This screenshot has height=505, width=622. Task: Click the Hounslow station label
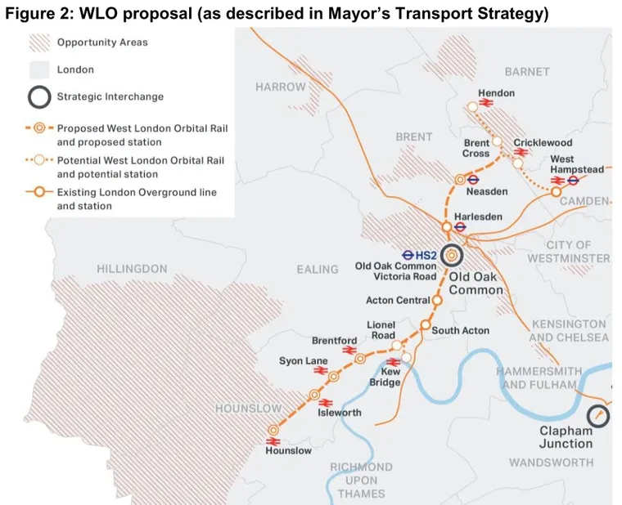(288, 450)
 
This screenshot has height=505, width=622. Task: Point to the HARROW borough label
(280, 87)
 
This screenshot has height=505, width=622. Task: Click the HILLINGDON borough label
(132, 269)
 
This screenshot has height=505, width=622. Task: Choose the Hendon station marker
(472, 106)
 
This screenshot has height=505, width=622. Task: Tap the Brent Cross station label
(476, 148)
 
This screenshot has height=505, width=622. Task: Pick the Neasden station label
(487, 191)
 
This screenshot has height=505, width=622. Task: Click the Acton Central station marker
(437, 301)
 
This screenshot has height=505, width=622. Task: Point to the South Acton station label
(461, 330)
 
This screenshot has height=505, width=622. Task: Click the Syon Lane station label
(304, 360)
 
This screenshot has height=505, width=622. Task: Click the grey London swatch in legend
(38, 69)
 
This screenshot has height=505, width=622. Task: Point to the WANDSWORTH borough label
(552, 463)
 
